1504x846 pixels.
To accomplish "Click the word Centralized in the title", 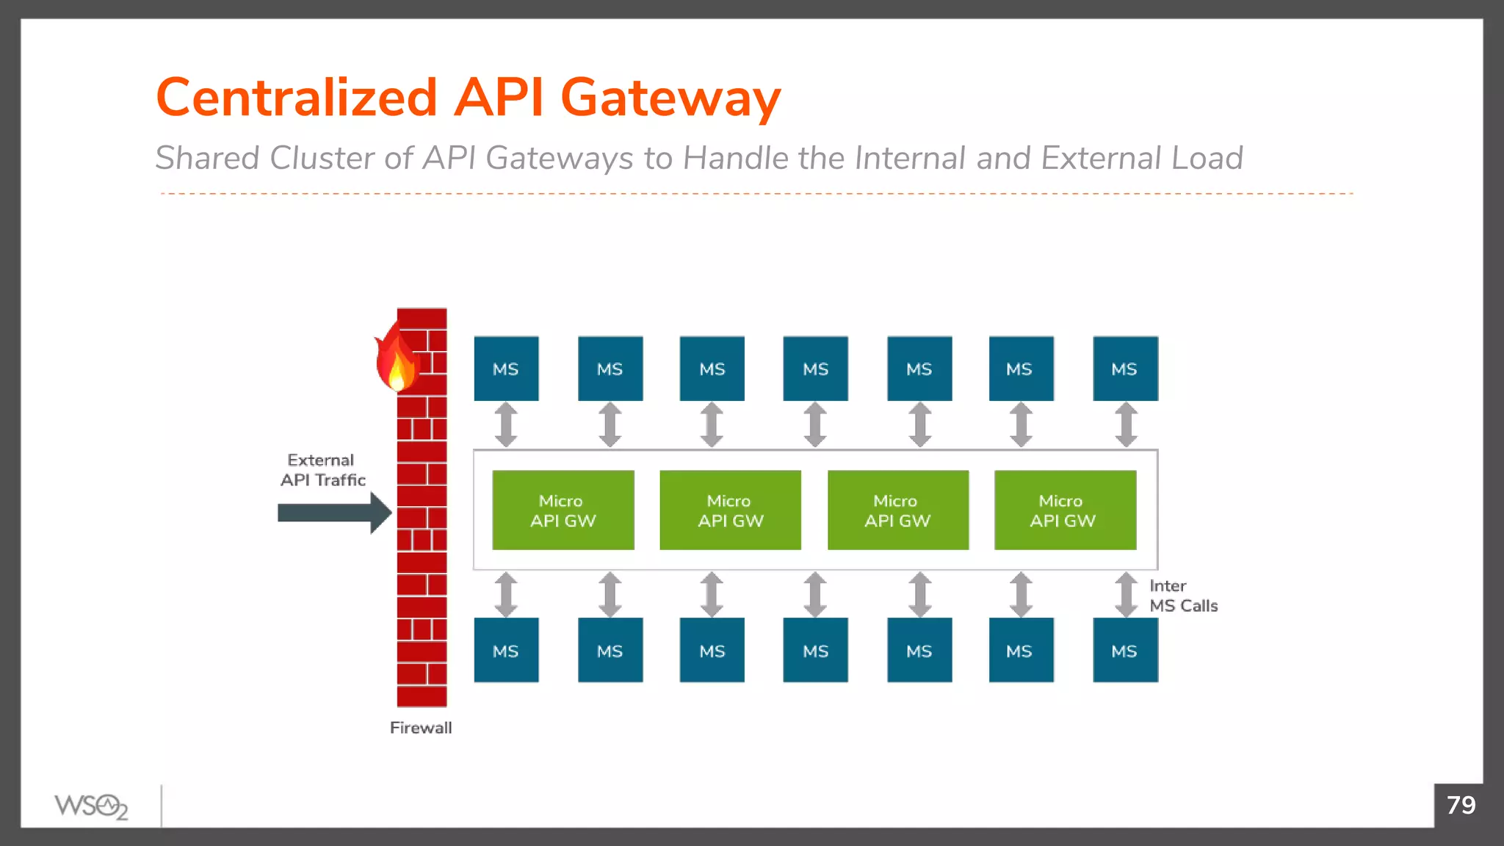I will coord(297,98).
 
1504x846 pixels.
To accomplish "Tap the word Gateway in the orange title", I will coord(670,99).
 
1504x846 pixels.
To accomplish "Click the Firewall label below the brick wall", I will coord(420,728).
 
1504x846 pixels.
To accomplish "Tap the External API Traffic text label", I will coord(322,470).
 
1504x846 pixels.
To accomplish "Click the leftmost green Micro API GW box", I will coord(563,510).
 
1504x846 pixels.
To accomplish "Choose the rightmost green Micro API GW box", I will coord(1065,510).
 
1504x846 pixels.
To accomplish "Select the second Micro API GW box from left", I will coord(730,510).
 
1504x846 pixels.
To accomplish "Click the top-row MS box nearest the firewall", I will coord(506,369).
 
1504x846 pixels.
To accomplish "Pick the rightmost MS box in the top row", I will coord(1125,369).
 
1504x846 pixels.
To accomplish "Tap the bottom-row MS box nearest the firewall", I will coord(506,650).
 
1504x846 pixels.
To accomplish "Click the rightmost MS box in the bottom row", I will coord(1125,650).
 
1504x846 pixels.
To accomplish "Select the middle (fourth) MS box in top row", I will coord(815,369).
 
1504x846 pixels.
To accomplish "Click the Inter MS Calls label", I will coord(1182,596).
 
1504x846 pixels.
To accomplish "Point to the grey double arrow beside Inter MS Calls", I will coord(1126,594).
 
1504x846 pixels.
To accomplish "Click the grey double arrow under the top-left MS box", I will coord(506,424).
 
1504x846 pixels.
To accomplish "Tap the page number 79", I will coord(1461,805).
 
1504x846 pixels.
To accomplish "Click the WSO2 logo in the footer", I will coord(91,806).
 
